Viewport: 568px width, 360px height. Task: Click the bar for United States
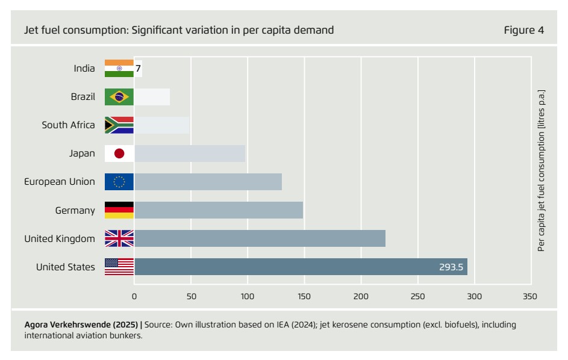pos(301,267)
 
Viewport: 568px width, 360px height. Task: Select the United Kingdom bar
pos(260,238)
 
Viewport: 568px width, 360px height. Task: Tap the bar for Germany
pos(218,210)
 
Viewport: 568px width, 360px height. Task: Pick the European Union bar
pos(208,182)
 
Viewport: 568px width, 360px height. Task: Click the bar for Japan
pos(190,154)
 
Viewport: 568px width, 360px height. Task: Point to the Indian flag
pos(119,68)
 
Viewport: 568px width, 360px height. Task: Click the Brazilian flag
pos(119,97)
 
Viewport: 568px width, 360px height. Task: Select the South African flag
pos(119,125)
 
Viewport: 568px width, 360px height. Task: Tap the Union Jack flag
pos(119,238)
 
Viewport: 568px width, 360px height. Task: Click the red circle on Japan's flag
pos(119,154)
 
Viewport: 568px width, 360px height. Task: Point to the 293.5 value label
pos(451,267)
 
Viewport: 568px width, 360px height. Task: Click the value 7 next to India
pos(138,69)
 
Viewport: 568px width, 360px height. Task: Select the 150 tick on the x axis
pos(304,296)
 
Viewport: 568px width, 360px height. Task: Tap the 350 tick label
pos(531,296)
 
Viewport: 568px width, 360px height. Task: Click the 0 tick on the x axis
pos(134,296)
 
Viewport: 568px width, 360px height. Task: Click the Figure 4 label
pos(523,30)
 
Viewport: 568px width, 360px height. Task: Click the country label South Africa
pos(68,125)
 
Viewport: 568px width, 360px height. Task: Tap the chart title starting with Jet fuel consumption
pos(179,30)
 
